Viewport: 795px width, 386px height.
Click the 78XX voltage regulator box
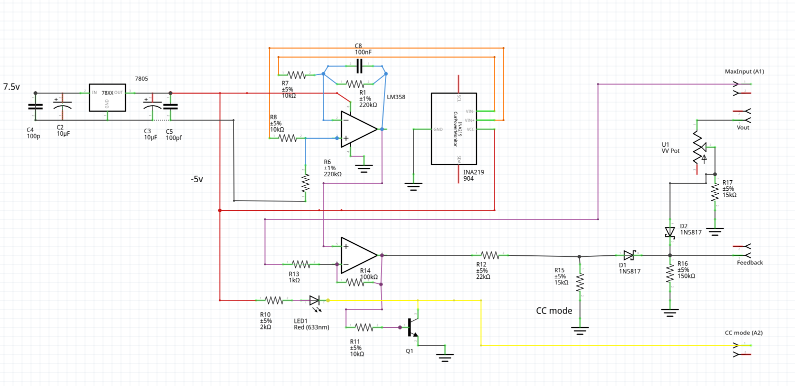click(x=107, y=97)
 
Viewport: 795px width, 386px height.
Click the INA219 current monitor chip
click(x=453, y=129)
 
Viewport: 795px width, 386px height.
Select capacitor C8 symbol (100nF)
click(x=359, y=65)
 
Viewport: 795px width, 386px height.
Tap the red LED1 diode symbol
click(x=314, y=300)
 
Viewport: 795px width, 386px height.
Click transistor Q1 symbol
click(x=411, y=327)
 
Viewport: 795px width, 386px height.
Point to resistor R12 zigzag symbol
click(x=490, y=255)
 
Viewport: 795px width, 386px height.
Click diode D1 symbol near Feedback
click(x=629, y=255)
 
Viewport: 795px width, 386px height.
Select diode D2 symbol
click(x=669, y=232)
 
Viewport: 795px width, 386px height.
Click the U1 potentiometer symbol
click(x=698, y=148)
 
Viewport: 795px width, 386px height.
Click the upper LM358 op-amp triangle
click(x=357, y=129)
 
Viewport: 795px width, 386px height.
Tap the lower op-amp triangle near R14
click(x=357, y=255)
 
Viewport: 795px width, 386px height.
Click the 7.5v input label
click(x=11, y=87)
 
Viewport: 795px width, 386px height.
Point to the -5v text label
click(x=196, y=179)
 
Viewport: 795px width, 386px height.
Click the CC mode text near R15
click(x=554, y=311)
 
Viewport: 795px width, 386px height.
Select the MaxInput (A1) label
click(x=744, y=72)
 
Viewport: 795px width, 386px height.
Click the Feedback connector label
click(x=749, y=263)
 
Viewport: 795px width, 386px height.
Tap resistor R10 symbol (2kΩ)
click(x=274, y=300)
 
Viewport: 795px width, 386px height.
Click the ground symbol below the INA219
click(x=413, y=187)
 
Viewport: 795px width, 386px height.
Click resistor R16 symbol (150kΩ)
click(x=669, y=274)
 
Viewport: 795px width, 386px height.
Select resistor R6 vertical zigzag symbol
click(x=305, y=184)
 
